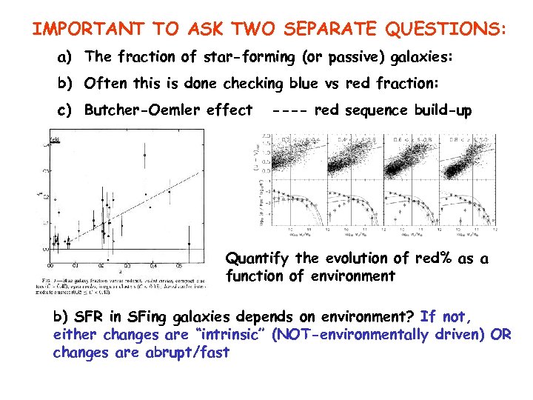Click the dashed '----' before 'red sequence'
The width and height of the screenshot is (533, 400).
point(291,110)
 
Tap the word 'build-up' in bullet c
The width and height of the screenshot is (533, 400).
point(443,110)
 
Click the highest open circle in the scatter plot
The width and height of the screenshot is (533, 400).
point(144,155)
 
